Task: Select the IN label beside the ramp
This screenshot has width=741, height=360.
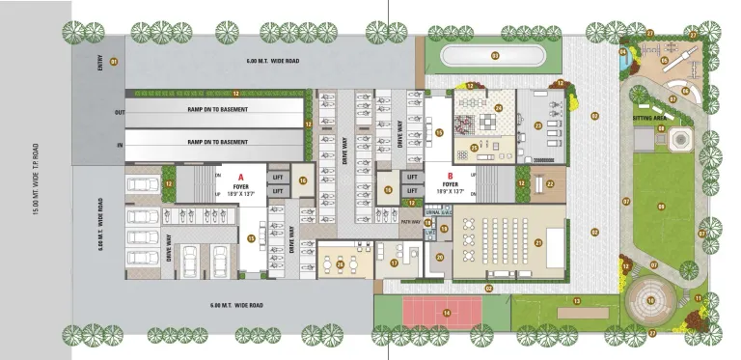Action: pyautogui.click(x=120, y=144)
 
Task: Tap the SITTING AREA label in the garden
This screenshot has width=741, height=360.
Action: pyautogui.click(x=650, y=118)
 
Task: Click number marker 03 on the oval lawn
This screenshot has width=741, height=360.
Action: pyautogui.click(x=494, y=56)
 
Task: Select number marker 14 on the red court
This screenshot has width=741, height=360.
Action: pyautogui.click(x=448, y=312)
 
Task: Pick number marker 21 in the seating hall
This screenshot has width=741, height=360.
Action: pyautogui.click(x=538, y=242)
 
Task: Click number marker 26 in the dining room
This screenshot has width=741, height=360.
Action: pyautogui.click(x=340, y=264)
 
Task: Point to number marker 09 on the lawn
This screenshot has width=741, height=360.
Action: pyautogui.click(x=661, y=207)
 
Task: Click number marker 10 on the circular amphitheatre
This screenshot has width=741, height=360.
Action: pyautogui.click(x=651, y=300)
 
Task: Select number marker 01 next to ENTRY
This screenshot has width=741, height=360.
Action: pyautogui.click(x=114, y=62)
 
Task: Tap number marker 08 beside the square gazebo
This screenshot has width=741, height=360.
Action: pyautogui.click(x=662, y=128)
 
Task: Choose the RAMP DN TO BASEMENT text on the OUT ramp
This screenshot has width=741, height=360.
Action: pyautogui.click(x=217, y=109)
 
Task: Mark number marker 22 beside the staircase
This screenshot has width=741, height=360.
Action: pyautogui.click(x=549, y=182)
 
